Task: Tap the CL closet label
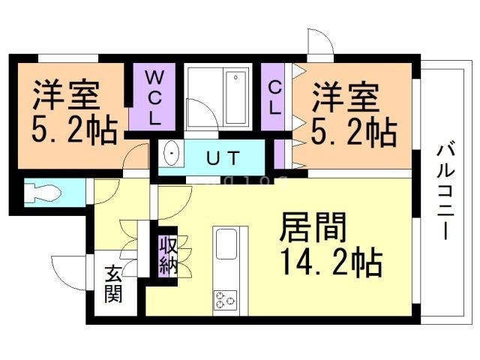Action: pyautogui.click(x=274, y=97)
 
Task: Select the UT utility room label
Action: pyautogui.click(x=223, y=158)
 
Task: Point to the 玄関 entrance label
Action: pyautogui.click(x=113, y=286)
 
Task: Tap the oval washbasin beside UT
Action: pyautogui.click(x=172, y=154)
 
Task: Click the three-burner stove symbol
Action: pyautogui.click(x=226, y=300)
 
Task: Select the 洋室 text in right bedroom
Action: pyautogui.click(x=346, y=97)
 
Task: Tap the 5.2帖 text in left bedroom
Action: pyautogui.click(x=74, y=130)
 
